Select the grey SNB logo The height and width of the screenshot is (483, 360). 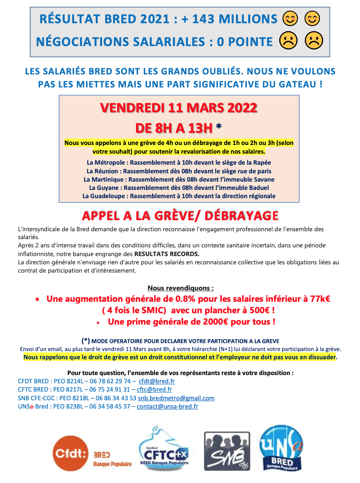pyautogui.click(x=226, y=451)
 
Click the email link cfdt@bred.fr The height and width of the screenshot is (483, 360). pyautogui.click(x=157, y=381)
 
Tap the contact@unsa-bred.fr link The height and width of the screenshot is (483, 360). pyautogui.click(x=167, y=406)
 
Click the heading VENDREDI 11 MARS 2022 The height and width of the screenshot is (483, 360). pyautogui.click(x=179, y=108)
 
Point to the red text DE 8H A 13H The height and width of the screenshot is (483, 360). pyautogui.click(x=174, y=128)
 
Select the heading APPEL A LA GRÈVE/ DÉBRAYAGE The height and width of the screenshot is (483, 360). pyautogui.click(x=180, y=215)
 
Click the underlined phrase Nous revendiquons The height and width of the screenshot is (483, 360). pyautogui.click(x=180, y=288)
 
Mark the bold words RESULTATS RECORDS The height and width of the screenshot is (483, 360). pyautogui.click(x=167, y=253)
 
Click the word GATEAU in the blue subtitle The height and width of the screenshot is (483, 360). pyautogui.click(x=296, y=84)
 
